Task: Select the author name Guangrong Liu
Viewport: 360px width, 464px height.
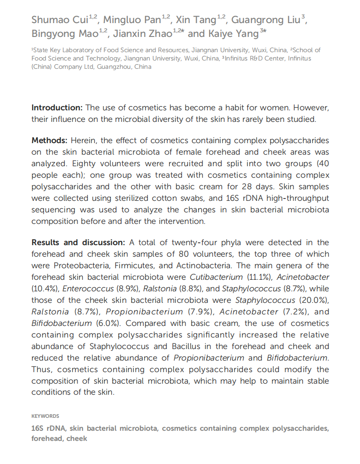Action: click(264, 20)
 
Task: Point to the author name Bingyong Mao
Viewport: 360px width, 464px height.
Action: click(65, 34)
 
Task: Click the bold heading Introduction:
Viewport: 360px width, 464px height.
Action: click(57, 108)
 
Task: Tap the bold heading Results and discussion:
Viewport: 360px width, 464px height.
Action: click(78, 242)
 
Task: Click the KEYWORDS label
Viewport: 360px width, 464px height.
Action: click(45, 416)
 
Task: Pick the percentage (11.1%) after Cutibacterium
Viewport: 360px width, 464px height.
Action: click(258, 277)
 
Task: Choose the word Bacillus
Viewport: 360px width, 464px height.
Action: click(196, 346)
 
